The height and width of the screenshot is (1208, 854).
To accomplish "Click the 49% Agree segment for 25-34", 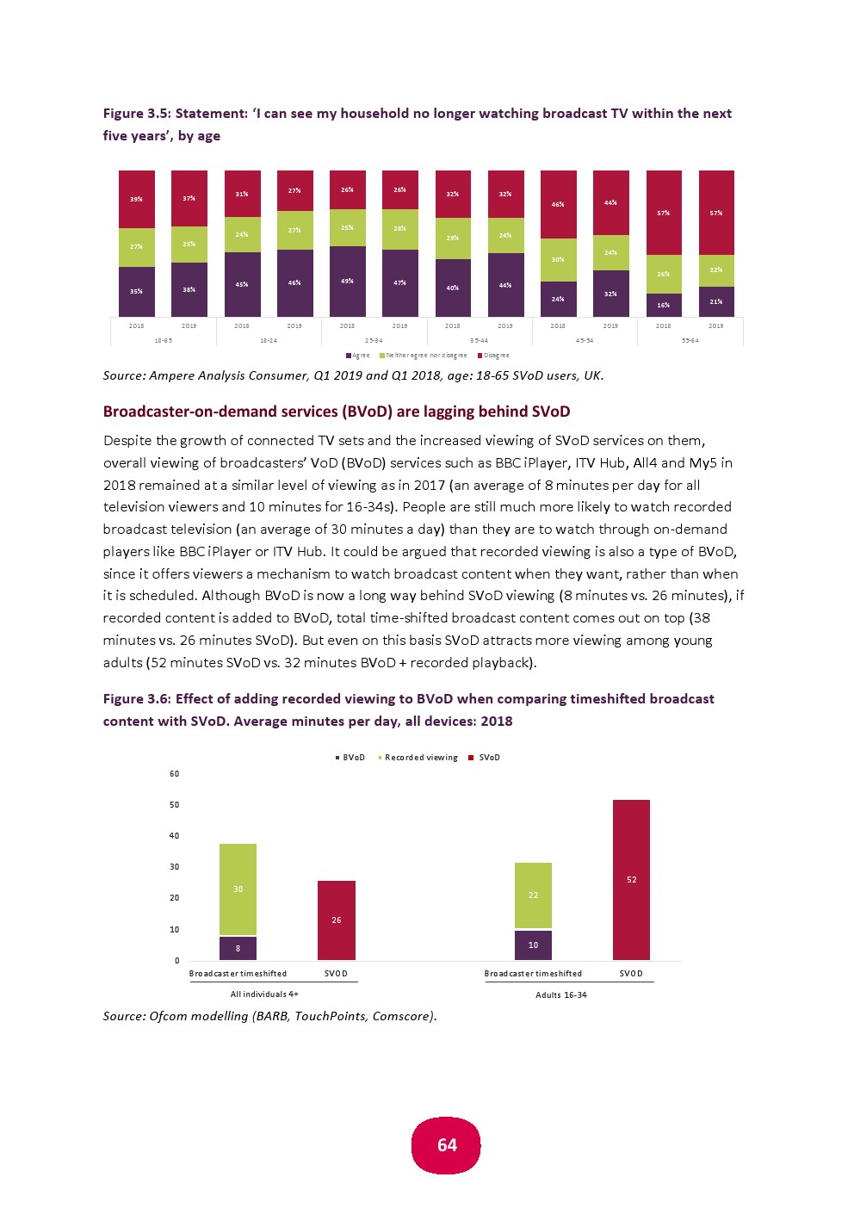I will pyautogui.click(x=347, y=282).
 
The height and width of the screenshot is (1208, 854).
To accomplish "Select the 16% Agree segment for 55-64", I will pyautogui.click(x=663, y=305).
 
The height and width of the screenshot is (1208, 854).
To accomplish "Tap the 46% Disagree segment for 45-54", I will pyautogui.click(x=558, y=204).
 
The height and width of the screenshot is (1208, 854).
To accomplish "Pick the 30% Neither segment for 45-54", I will pyautogui.click(x=558, y=259).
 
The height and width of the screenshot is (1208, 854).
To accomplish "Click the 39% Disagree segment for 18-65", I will pyautogui.click(x=136, y=199).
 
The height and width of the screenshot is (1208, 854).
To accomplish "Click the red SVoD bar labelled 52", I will pyautogui.click(x=631, y=879).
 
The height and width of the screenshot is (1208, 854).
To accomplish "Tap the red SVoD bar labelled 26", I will pyautogui.click(x=336, y=920).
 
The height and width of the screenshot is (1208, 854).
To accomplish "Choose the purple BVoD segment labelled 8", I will pyautogui.click(x=238, y=948).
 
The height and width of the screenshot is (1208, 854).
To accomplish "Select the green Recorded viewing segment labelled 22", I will pyautogui.click(x=533, y=895).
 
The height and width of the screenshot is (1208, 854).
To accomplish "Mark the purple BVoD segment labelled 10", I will pyautogui.click(x=533, y=945).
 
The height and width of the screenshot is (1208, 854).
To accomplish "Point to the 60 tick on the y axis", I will pyautogui.click(x=174, y=774).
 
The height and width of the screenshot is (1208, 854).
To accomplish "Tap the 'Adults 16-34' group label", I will pyautogui.click(x=560, y=994).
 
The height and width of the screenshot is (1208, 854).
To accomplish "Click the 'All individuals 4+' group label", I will pyautogui.click(x=264, y=994).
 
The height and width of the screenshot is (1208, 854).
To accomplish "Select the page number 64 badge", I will pyautogui.click(x=447, y=1145).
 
